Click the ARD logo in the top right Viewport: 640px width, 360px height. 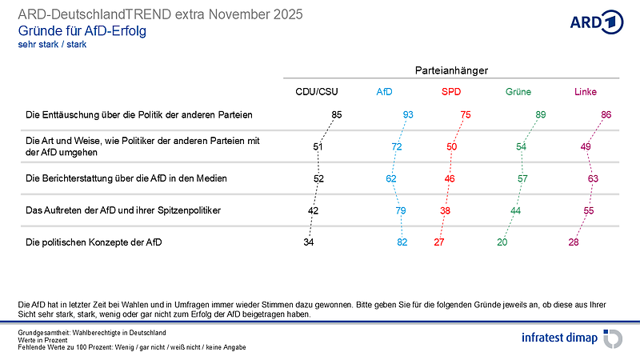596,22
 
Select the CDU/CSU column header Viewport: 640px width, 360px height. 318,91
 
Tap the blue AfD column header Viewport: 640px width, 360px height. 384,91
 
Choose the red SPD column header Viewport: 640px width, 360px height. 451,91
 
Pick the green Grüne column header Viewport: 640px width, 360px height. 518,91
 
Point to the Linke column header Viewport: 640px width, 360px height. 586,91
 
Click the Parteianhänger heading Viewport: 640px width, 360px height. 451,71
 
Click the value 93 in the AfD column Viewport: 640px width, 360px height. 408,114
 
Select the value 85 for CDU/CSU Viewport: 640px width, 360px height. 337,114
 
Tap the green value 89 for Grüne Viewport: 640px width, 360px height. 541,114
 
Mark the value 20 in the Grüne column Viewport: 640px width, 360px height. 502,242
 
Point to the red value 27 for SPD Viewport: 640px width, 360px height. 438,242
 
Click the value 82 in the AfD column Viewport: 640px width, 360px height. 402,242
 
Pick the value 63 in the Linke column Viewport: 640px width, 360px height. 593,178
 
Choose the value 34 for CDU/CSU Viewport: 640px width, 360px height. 309,242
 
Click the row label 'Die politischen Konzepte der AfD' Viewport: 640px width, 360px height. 94,242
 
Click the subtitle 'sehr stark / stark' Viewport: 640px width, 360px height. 52,45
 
